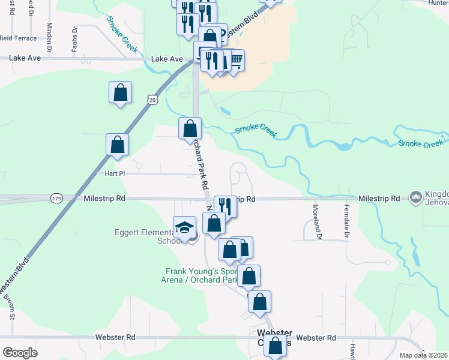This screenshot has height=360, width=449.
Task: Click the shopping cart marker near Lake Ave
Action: (236, 59)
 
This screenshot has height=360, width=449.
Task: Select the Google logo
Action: (20, 352)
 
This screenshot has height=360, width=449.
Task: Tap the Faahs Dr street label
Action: (74, 38)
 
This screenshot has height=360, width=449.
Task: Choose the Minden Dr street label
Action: (49, 36)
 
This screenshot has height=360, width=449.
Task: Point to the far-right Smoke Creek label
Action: (420, 144)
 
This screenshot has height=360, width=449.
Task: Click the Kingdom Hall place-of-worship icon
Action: (415, 197)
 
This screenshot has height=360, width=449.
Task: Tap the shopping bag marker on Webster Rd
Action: (276, 346)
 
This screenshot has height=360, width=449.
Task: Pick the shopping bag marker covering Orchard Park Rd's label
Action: (190, 128)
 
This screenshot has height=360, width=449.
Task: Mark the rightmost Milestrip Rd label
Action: (379, 198)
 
